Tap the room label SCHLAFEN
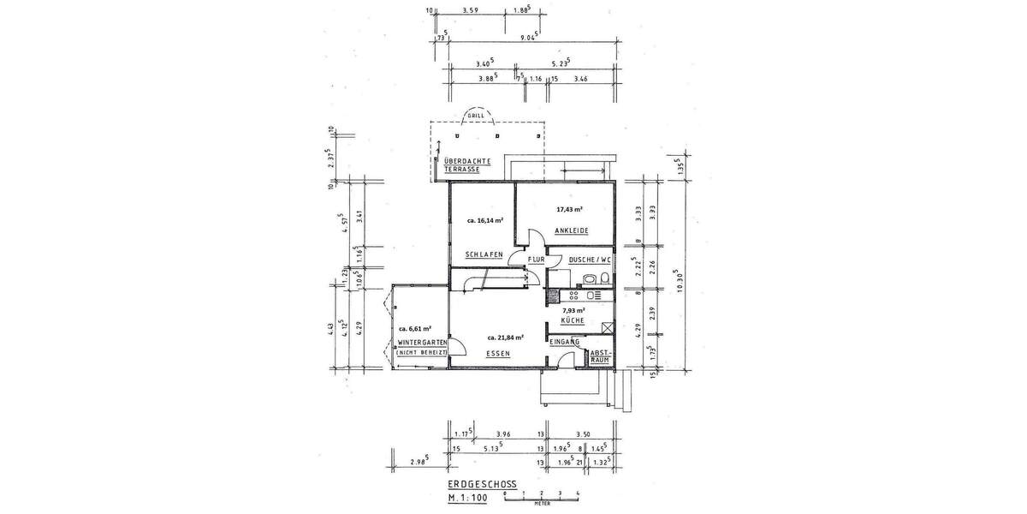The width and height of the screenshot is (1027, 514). pos(482,254)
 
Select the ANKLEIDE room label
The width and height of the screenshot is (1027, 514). pos(569,230)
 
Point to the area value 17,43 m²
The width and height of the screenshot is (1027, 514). pos(569,209)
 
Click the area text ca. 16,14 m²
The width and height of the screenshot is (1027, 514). pos(484,220)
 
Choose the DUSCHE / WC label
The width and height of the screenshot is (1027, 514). pos(589,259)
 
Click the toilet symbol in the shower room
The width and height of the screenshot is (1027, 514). pos(604,278)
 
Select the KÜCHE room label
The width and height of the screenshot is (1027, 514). pos(573,320)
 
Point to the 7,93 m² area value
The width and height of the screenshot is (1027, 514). pos(573,310)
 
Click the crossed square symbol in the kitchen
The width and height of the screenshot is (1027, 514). pos(608,327)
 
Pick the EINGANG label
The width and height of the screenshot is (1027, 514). pos(566,342)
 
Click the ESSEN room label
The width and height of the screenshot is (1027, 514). pos(497,353)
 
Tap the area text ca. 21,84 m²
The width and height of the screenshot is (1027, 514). pos(506,336)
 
